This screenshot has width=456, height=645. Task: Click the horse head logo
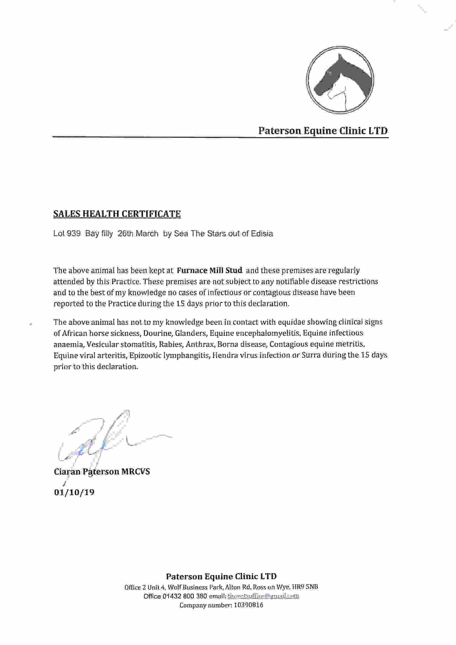340,80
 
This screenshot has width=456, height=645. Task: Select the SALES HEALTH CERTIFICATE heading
117,214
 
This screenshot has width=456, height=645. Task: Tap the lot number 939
74,234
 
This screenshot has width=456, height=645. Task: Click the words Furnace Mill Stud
209,270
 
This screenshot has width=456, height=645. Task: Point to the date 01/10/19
74,492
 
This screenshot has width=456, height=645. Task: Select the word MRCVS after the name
135,471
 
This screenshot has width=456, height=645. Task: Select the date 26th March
138,234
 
